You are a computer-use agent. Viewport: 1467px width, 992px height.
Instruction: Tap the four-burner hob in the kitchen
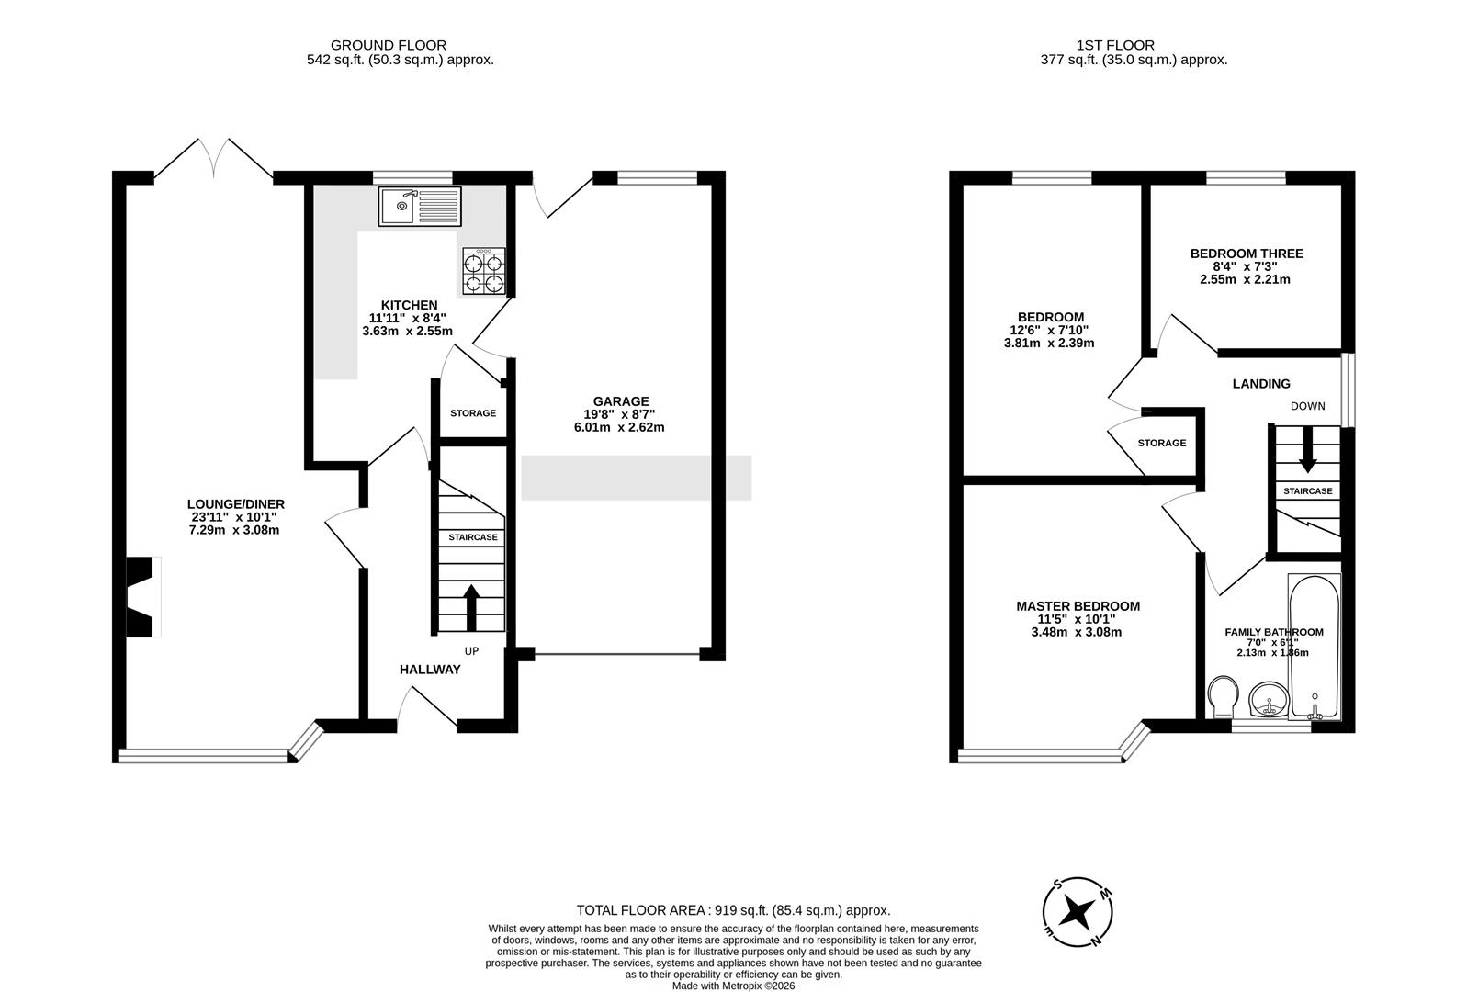tap(483, 272)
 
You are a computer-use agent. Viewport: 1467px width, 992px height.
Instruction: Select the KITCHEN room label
tap(409, 305)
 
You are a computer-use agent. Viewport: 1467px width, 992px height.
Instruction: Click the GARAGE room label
tap(620, 401)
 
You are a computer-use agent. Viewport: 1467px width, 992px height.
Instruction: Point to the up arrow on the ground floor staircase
tap(471, 607)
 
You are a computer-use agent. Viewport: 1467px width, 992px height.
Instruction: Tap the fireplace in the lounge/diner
tap(143, 597)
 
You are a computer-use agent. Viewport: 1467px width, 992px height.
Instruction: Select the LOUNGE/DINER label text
tap(235, 504)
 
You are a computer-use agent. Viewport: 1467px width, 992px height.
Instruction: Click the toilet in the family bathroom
tap(1223, 697)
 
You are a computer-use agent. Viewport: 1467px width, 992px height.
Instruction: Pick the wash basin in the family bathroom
tap(1270, 701)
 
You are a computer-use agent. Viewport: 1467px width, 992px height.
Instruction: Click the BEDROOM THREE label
tap(1246, 254)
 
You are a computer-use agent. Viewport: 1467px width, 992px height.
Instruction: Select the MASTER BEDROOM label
tap(1078, 606)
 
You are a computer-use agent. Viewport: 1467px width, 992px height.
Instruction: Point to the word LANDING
tap(1260, 384)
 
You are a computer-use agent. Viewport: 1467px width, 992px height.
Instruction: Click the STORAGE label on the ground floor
tap(472, 413)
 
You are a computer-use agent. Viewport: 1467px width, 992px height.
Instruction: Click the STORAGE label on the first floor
tap(1161, 443)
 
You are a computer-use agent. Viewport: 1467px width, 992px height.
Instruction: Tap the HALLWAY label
tap(429, 670)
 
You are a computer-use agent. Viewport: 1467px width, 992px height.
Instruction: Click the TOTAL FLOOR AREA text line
tap(733, 910)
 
